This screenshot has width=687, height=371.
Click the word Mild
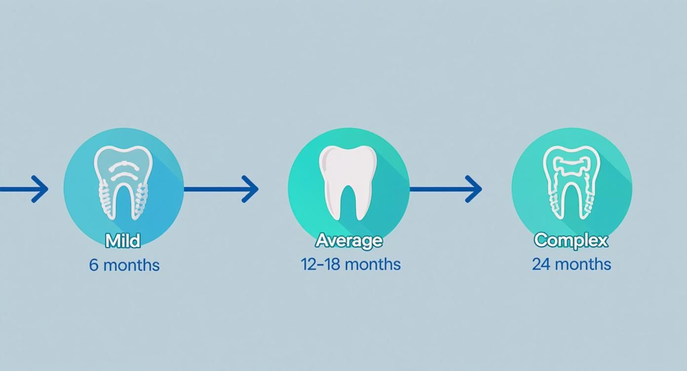[123, 241]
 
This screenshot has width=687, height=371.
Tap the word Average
[348, 240]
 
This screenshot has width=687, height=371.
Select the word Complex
[571, 240]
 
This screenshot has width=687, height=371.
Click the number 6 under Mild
[94, 265]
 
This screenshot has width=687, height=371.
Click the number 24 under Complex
[540, 264]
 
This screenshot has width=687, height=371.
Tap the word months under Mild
[132, 265]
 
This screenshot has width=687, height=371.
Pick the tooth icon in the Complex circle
[572, 182]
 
